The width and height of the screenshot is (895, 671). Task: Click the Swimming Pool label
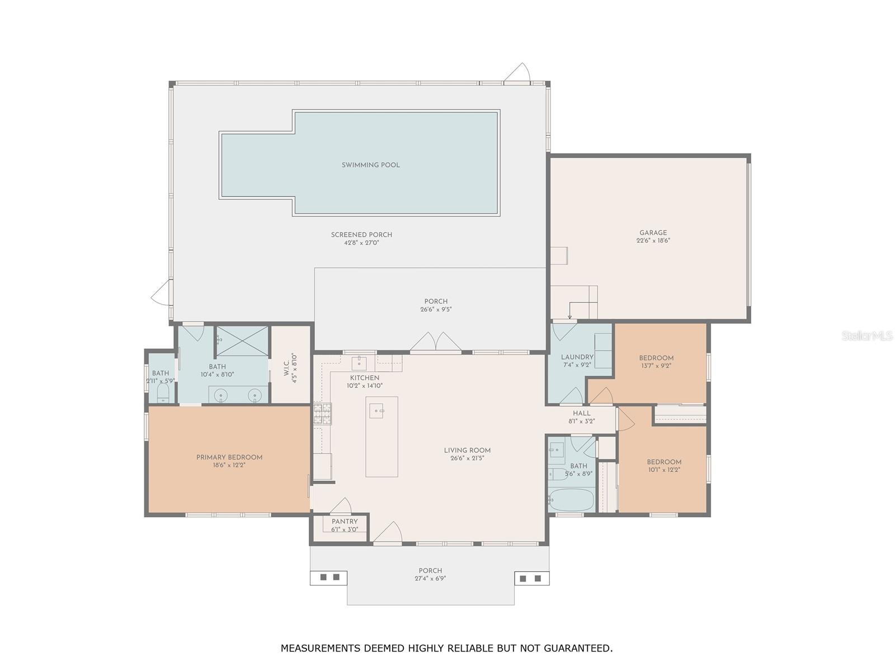point(370,165)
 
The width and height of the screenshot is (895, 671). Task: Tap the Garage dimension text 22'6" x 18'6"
point(653,240)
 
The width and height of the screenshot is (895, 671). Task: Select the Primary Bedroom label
point(229,457)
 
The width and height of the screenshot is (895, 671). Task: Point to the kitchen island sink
point(376,410)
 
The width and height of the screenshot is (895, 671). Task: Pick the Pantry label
point(345,522)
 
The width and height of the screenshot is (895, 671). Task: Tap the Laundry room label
point(577,357)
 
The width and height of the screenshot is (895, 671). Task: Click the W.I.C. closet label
point(286,368)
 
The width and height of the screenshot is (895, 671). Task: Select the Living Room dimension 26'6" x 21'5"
point(467,458)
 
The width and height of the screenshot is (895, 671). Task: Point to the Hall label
point(581,413)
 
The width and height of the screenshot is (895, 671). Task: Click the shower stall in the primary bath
point(242,342)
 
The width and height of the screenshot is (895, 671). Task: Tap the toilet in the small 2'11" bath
point(163,394)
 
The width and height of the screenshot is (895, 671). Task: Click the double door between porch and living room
point(435,342)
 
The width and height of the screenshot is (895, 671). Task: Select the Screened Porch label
point(361,235)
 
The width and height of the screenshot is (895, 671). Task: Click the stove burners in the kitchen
point(323,414)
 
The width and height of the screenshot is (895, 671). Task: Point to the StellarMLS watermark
point(867,335)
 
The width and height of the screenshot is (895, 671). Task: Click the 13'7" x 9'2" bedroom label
point(656,362)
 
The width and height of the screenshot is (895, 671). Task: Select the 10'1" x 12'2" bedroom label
point(664,466)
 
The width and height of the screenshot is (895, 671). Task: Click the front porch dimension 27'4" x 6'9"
point(430,578)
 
